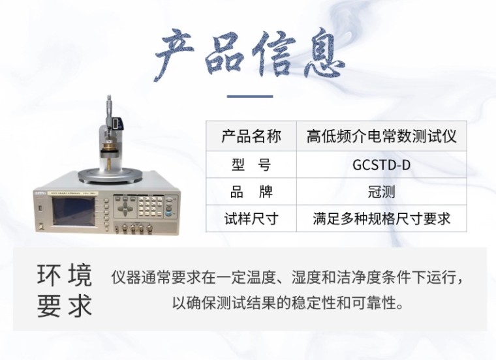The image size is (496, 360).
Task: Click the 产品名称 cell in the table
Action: tap(251, 136)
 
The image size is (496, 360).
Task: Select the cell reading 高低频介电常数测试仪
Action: tap(381, 136)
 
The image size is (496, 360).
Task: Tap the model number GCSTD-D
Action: tap(381, 164)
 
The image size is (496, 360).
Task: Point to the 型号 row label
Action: tap(251, 164)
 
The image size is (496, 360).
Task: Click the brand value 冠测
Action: tap(381, 192)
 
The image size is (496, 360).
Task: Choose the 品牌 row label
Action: tap(251, 192)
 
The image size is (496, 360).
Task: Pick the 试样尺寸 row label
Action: tap(251, 218)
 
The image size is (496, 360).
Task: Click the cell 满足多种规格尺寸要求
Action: tap(381, 218)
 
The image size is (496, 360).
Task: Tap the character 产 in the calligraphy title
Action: tap(174, 53)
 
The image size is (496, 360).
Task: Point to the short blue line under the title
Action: tap(250, 97)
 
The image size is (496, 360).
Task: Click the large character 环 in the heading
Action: tap(49, 275)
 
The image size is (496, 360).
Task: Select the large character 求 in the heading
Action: tap(80, 306)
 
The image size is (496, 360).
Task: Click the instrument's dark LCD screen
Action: tap(74, 211)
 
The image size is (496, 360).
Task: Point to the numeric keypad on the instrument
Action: tap(149, 207)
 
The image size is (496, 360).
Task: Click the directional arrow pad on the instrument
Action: tap(125, 208)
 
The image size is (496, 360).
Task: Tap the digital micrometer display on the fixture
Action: tap(117, 123)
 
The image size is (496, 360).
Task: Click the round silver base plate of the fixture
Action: tap(108, 175)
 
